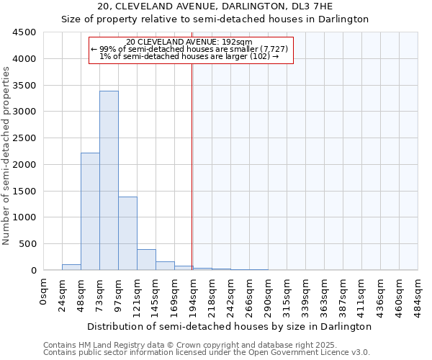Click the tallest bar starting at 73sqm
click(109, 180)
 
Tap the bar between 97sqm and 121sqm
click(127, 233)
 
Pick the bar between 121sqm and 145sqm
click(146, 259)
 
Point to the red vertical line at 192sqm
click(192, 166)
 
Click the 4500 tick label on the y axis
click(24, 32)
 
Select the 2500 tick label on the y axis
click(24, 138)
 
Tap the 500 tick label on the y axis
click(27, 244)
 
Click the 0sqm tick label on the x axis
click(44, 292)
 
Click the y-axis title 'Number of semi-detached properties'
click(7, 155)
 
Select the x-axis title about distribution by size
click(230, 326)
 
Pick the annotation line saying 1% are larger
click(189, 56)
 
